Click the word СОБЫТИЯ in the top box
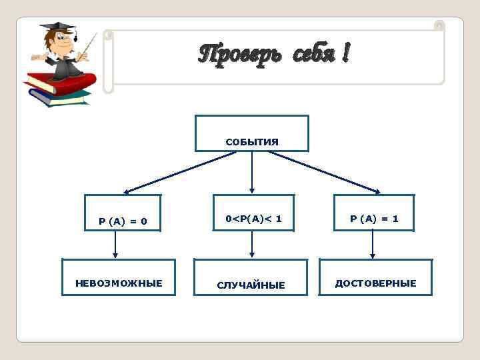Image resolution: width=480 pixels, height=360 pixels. coord(251,142)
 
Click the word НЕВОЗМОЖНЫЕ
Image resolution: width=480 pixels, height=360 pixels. coord(119,283)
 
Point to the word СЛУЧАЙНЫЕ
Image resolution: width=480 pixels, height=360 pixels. coord(251,285)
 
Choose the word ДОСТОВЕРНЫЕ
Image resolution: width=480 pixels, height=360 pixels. coord(375,283)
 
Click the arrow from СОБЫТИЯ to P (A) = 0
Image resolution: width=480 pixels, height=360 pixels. coord(180,172)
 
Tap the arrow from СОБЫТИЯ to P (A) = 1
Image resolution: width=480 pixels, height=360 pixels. coord(324,172)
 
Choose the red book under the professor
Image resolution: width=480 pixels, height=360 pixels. coord(63,83)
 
